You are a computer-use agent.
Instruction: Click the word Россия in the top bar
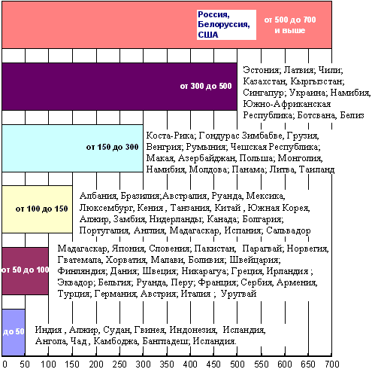point(213,14)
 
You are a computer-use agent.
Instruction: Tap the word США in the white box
point(208,35)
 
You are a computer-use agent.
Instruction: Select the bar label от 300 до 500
point(206,86)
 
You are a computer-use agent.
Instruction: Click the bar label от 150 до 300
point(112,147)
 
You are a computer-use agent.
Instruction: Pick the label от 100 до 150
point(41,209)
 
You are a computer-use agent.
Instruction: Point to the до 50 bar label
point(14,331)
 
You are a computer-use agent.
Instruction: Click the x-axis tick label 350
point(167,364)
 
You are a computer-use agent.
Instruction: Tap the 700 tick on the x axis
point(332,364)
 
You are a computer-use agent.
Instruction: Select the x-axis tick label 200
point(96,364)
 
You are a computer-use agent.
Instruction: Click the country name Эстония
point(261,70)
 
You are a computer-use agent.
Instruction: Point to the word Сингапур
point(264,93)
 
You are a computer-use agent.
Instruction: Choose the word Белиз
point(352,115)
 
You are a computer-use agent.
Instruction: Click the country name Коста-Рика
point(171,136)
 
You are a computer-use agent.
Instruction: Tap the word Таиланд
point(316,169)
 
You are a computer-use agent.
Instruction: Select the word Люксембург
point(107,208)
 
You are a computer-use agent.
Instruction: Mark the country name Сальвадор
point(289,230)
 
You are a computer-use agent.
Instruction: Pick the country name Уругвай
point(238,294)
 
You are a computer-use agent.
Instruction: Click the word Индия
point(48,330)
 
